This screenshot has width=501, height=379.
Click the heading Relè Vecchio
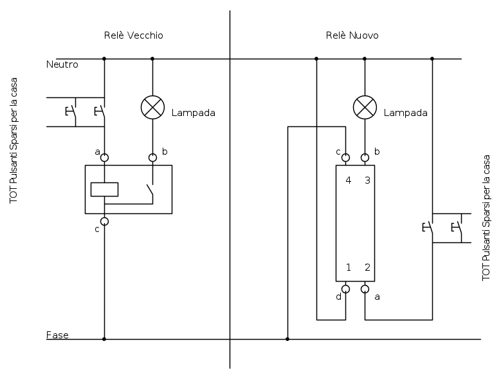coord(133,35)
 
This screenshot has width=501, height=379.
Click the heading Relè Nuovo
coord(352,35)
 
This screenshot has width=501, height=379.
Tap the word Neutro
coord(62,64)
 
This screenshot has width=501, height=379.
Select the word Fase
coord(57,335)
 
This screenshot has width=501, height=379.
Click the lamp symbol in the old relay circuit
coord(152,108)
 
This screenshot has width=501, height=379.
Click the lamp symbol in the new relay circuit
coord(365,108)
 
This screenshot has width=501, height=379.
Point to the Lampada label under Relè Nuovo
coord(405,113)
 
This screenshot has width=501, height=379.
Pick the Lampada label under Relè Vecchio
coord(193,113)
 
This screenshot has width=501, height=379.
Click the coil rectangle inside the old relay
coord(104,189)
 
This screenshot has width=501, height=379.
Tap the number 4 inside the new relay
coord(348,180)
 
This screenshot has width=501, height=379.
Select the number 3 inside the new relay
coord(367,180)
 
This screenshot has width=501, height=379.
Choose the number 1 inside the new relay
coord(348,267)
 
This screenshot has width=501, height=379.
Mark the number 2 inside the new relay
coord(367,267)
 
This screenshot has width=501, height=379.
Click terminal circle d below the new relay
coord(345,289)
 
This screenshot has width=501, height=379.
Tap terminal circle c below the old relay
coord(104,221)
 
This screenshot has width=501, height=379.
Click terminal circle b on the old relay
coord(152,157)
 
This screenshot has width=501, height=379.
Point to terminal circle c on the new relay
coord(345,157)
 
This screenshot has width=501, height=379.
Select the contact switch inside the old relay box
coord(149,191)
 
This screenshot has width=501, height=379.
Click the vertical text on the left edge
coord(14,141)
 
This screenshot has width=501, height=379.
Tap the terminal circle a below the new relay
coord(365,289)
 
